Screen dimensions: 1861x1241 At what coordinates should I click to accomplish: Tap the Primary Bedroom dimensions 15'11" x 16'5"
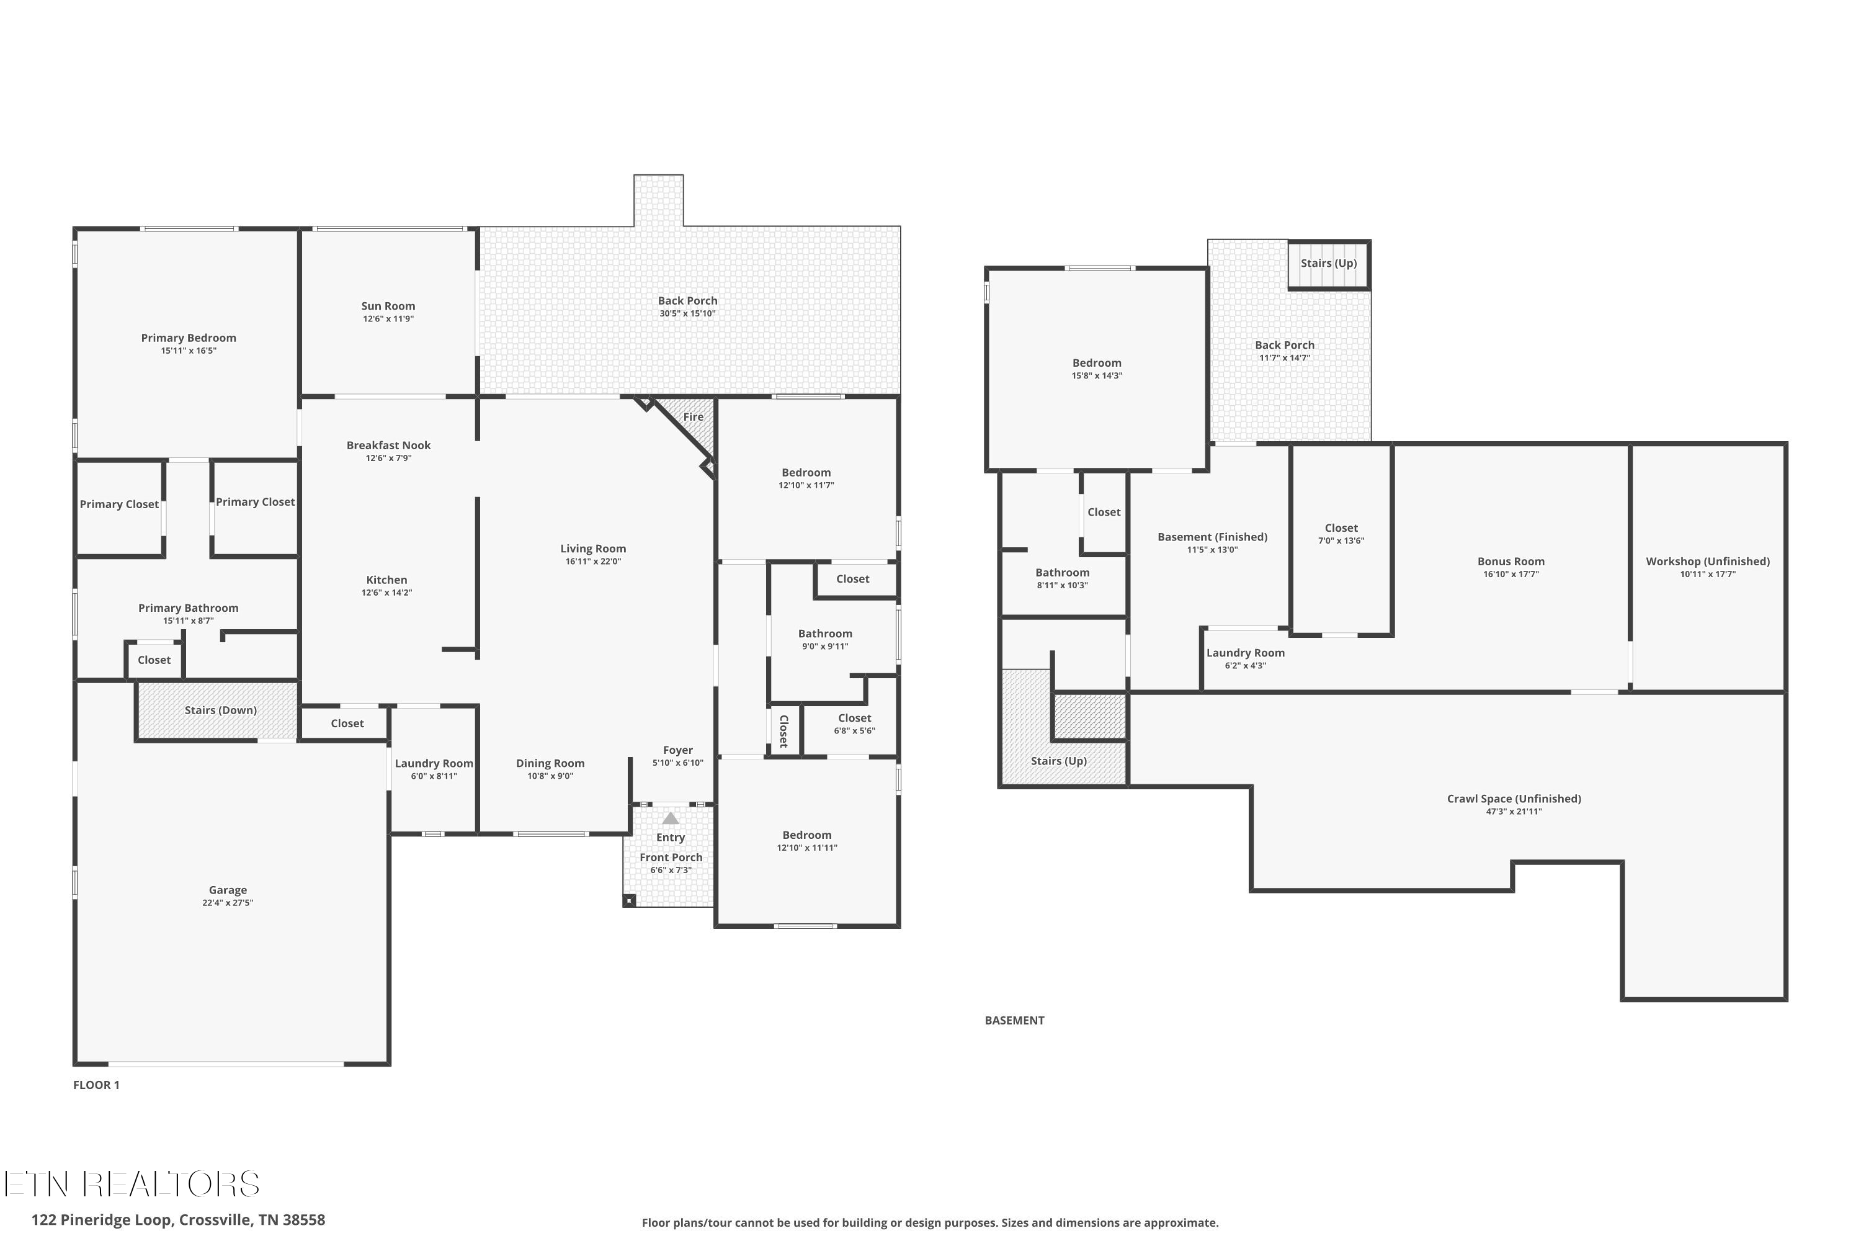click(189, 351)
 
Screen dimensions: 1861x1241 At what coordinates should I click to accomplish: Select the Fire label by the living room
click(693, 417)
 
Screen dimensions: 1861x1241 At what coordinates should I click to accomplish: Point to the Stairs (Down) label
click(221, 710)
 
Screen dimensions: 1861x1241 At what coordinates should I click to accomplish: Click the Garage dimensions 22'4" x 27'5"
click(228, 903)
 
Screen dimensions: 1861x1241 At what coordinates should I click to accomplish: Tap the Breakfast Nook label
click(388, 446)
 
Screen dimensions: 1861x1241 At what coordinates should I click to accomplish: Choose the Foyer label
click(678, 750)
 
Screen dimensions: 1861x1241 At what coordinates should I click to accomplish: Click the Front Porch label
click(671, 857)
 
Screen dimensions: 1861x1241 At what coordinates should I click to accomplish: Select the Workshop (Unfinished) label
click(1708, 561)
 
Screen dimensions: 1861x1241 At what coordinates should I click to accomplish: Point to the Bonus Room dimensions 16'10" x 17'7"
click(1511, 575)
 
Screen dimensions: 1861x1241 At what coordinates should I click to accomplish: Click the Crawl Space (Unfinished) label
click(1514, 799)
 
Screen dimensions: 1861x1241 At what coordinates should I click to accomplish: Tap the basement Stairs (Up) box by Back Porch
click(1329, 264)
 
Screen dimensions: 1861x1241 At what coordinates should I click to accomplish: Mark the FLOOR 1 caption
click(97, 1085)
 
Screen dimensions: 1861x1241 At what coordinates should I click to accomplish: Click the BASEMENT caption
click(1014, 1021)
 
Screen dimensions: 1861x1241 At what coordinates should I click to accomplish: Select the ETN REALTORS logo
click(132, 1184)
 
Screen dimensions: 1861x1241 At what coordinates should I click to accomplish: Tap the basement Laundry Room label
click(1246, 653)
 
